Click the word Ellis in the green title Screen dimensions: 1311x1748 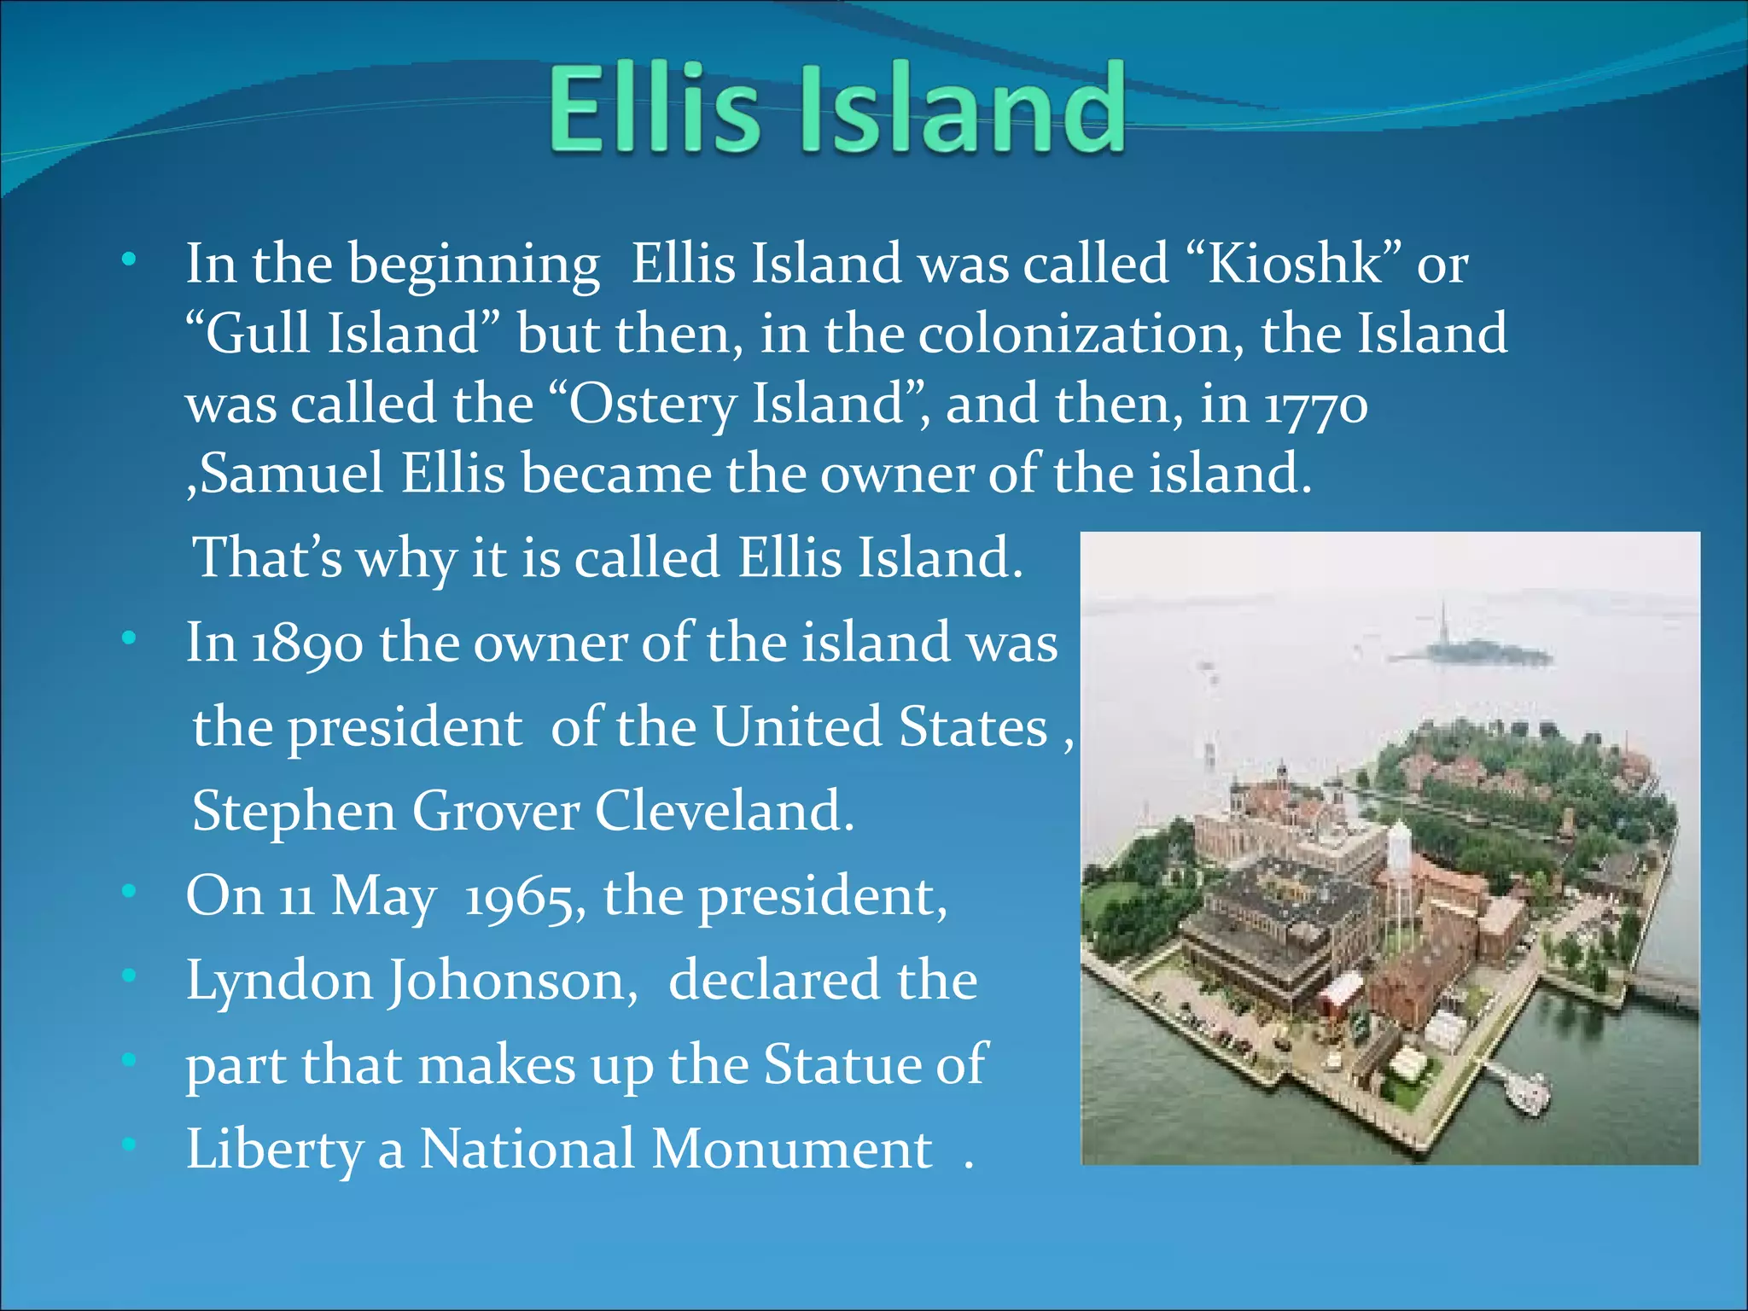click(x=654, y=109)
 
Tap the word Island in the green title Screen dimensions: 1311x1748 click(x=962, y=109)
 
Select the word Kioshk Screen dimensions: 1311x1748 click(x=1294, y=263)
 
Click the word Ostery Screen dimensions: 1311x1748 click(x=648, y=404)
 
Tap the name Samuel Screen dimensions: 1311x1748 click(x=291, y=474)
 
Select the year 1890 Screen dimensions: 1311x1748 click(x=307, y=643)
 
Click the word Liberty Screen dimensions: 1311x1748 click(x=274, y=1150)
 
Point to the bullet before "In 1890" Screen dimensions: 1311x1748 click(x=128, y=638)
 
